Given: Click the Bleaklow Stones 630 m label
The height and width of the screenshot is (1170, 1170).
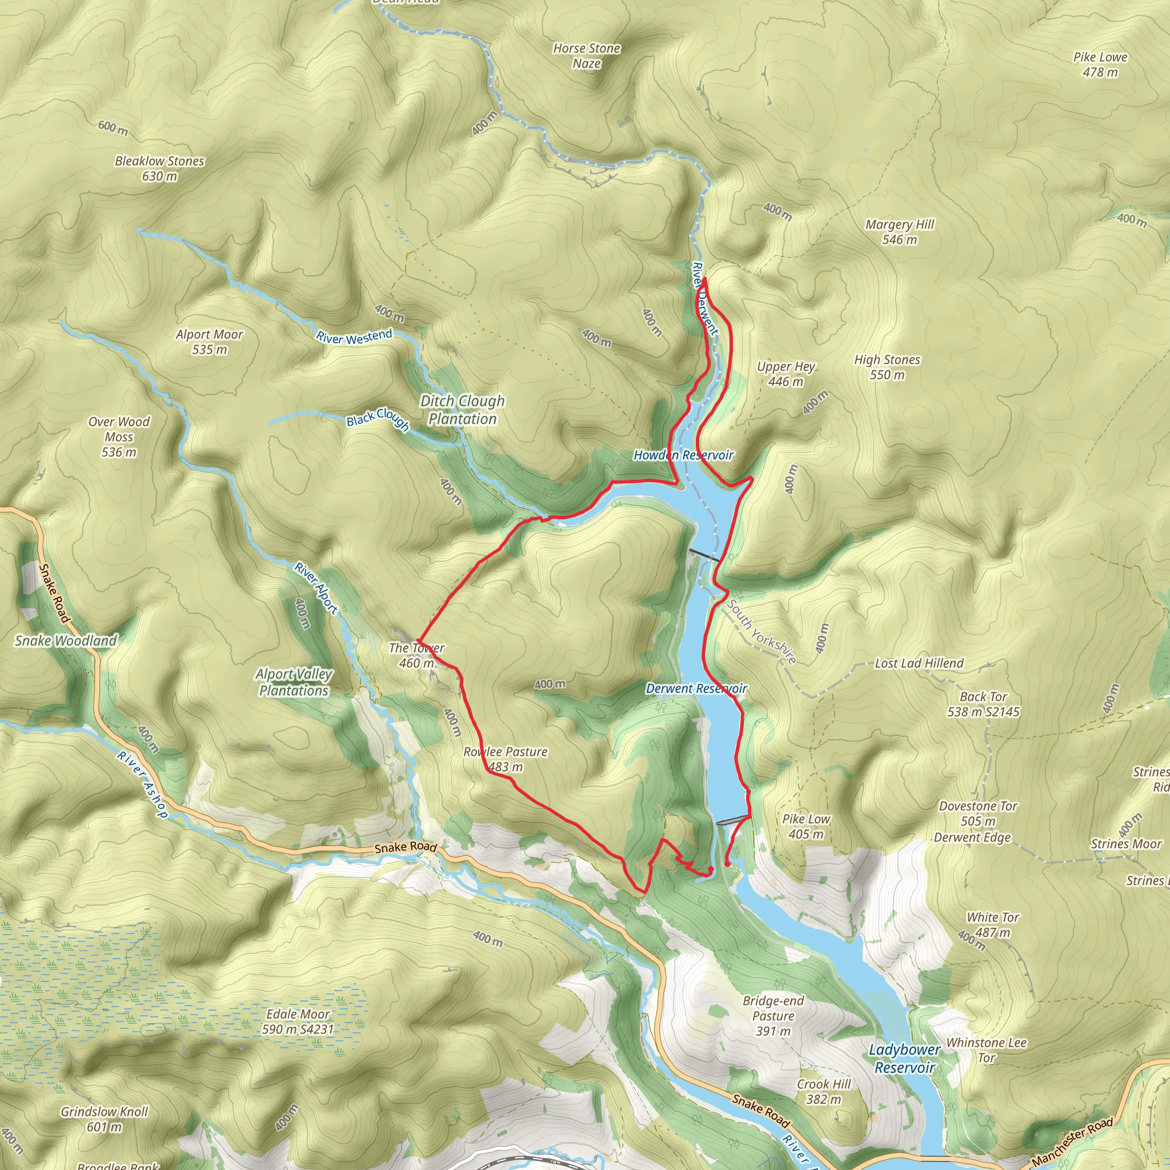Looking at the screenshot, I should (x=159, y=169).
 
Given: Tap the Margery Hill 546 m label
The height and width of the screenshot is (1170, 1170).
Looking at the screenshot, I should (x=899, y=232).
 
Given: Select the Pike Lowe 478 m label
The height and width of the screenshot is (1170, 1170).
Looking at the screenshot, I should (x=1100, y=64).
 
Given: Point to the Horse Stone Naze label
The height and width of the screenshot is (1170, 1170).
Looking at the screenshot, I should (x=586, y=56).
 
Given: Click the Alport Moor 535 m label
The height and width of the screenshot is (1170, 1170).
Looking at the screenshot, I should (x=209, y=342).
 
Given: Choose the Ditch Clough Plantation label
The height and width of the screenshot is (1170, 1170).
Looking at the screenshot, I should (x=462, y=410).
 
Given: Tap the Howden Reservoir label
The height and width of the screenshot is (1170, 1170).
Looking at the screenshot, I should (x=683, y=455).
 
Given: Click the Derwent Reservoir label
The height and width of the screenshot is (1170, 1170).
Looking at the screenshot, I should (x=696, y=688).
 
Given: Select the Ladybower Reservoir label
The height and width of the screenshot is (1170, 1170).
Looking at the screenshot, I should (x=904, y=1058).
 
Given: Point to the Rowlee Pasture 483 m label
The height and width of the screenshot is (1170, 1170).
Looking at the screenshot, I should (x=505, y=759).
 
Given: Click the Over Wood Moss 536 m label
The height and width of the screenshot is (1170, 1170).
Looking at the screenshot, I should (x=119, y=436).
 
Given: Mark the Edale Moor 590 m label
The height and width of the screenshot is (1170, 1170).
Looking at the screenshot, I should (x=298, y=1021).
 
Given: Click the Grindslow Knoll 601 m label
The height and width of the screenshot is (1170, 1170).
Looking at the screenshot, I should (x=104, y=1119).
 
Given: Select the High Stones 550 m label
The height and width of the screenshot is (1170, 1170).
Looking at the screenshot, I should (x=887, y=367).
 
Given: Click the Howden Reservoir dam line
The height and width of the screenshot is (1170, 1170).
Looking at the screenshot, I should (x=704, y=555).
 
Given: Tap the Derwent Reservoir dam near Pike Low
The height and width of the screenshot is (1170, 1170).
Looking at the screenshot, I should (x=732, y=820).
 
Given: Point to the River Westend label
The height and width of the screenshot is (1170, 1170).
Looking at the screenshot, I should (x=354, y=336).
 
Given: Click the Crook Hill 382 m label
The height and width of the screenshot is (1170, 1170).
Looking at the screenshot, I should (x=824, y=1091).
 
